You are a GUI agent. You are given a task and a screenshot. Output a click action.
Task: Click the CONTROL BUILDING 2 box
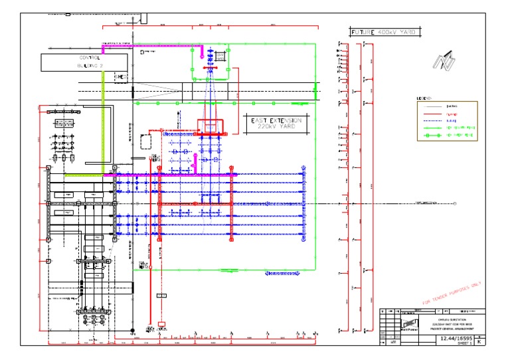point(84,62)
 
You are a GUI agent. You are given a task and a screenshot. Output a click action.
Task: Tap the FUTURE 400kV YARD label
point(383,32)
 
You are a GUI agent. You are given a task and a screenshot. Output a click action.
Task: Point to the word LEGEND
point(424,98)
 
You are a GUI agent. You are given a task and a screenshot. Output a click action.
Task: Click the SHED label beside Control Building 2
point(120,78)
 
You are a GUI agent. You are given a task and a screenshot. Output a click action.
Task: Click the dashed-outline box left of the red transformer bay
point(147,142)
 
